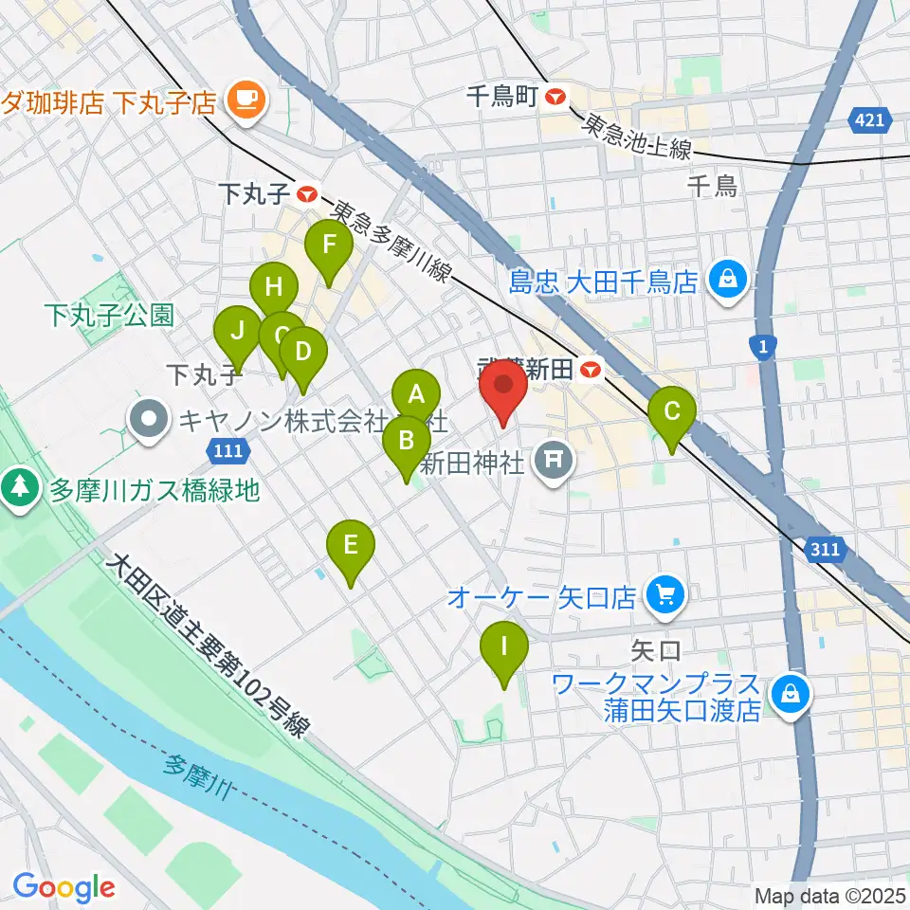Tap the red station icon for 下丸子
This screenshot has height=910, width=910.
(x=307, y=194)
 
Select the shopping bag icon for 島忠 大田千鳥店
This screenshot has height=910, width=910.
(x=727, y=279)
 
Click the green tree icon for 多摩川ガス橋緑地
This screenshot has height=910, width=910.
(x=19, y=488)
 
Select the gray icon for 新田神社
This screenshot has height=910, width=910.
(x=552, y=462)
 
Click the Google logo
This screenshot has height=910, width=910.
(x=64, y=888)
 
